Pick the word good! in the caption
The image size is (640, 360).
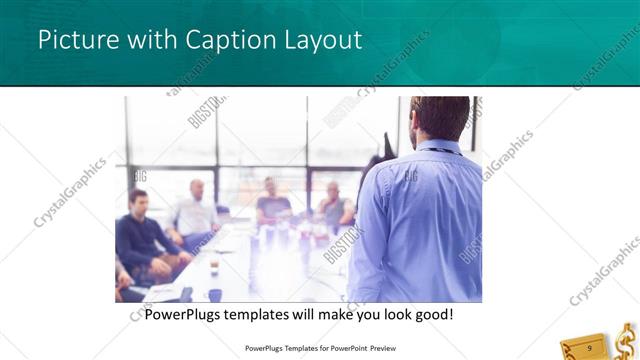click(x=432, y=314)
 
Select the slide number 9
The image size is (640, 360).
click(x=590, y=347)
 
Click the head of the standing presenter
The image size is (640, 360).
click(x=440, y=117)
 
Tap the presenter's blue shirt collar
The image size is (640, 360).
click(x=440, y=147)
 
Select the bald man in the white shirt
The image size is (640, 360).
click(x=196, y=212)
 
